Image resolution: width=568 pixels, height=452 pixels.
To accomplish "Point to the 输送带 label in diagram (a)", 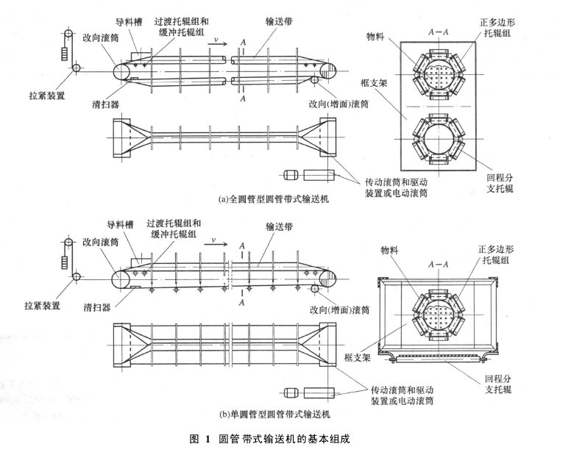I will point(280,22).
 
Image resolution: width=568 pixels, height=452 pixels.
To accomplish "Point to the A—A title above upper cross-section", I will point(439,32).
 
